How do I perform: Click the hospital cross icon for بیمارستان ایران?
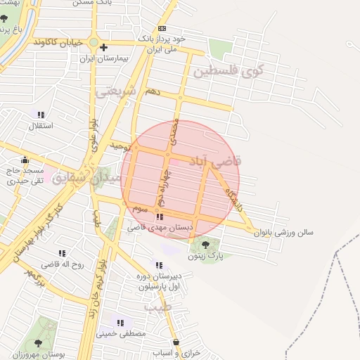pyautogui.click(x=103, y=48)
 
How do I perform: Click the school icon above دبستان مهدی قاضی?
pyautogui.click(x=160, y=217)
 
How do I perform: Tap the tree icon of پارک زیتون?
pyautogui.click(x=205, y=245)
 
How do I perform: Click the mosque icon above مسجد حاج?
pyautogui.click(x=26, y=160)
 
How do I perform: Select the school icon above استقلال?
pyautogui.click(x=41, y=114)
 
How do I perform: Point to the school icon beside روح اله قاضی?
pyautogui.click(x=62, y=253)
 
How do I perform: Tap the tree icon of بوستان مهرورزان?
pyautogui.click(x=38, y=343)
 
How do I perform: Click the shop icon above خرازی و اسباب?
pyautogui.click(x=176, y=342)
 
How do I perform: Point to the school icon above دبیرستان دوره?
pyautogui.click(x=158, y=265)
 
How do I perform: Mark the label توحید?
pyautogui.click(x=120, y=146)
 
